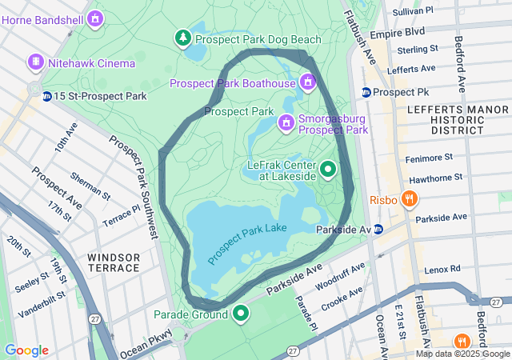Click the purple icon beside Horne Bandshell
pos(96,18)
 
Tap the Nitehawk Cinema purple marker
pos(36,62)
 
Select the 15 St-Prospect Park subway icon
pos(47,96)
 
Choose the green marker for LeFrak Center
pos(328,169)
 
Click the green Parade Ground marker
pos(240,313)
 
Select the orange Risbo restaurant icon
pos(409,198)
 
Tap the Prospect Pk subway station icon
pos(366,92)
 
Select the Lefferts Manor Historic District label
pos(445,118)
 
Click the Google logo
pos(26,350)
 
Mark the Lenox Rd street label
pos(443,270)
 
